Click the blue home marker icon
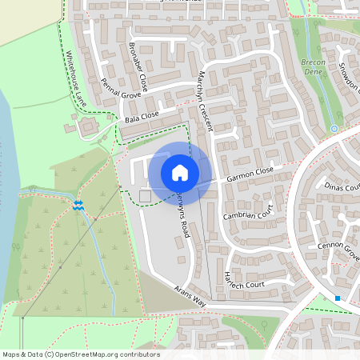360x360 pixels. tap(180, 172)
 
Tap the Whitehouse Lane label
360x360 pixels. tap(75, 79)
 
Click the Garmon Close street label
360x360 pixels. tap(250, 174)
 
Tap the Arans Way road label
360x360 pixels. tap(190, 296)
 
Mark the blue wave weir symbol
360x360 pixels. tap(78, 206)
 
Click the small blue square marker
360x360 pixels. tap(338, 298)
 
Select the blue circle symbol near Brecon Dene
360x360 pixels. tap(334, 128)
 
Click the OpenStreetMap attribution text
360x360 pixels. tap(81, 354)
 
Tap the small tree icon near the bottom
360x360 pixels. tap(265, 324)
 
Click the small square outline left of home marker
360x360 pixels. tap(145, 196)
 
